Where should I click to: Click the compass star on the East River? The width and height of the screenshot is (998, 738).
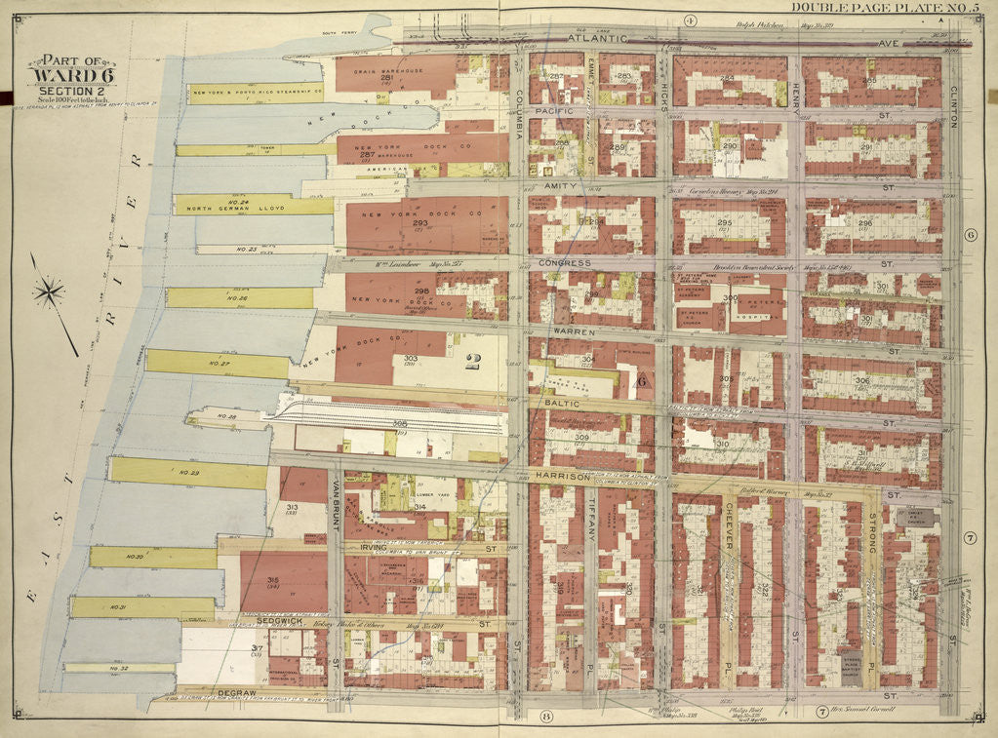pyautogui.click(x=49, y=291)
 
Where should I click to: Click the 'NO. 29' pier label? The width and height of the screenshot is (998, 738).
pyautogui.click(x=186, y=473)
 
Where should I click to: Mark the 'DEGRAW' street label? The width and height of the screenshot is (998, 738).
pyautogui.click(x=236, y=691)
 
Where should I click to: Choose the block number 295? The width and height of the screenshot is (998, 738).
pyautogui.click(x=723, y=223)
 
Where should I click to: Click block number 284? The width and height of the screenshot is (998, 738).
pyautogui.click(x=726, y=79)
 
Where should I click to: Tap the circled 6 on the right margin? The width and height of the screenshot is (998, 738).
pyautogui.click(x=970, y=235)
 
